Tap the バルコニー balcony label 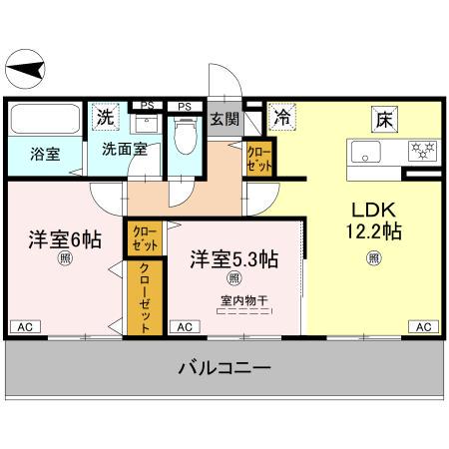click(224, 369)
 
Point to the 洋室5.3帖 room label click(234, 257)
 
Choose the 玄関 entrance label click(224, 120)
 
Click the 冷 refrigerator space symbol click(282, 118)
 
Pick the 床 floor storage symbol click(383, 120)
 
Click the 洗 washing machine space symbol click(105, 118)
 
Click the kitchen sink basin click(363, 153)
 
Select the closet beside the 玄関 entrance click(259, 158)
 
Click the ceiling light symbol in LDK click(374, 258)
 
